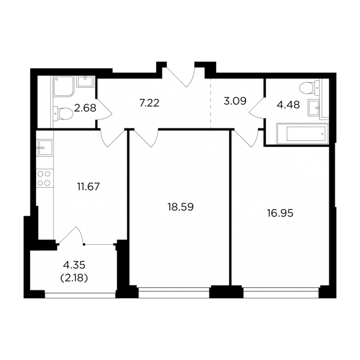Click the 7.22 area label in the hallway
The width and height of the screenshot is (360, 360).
(x=149, y=103)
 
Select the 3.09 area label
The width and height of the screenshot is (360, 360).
(x=235, y=101)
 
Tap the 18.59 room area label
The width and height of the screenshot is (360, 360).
(x=181, y=207)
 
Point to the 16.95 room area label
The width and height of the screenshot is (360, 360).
(x=280, y=214)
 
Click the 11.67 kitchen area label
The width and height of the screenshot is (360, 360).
(x=88, y=187)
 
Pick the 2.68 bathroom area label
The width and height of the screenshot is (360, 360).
(x=85, y=108)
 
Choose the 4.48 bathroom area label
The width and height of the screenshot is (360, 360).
(x=289, y=105)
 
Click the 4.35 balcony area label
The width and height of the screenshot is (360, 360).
(x=74, y=265)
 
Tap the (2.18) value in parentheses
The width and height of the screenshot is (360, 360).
(x=74, y=278)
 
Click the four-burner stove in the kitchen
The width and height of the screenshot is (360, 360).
(x=44, y=178)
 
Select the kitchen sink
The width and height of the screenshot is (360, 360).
(x=45, y=148)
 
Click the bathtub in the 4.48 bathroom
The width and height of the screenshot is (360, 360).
(x=302, y=134)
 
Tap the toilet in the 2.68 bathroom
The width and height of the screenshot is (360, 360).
(x=63, y=113)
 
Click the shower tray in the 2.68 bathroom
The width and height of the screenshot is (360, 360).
(x=64, y=86)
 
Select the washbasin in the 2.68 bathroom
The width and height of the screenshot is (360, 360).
(x=85, y=82)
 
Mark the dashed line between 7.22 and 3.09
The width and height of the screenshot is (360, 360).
(x=211, y=103)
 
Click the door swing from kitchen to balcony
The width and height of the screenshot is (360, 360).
(x=71, y=235)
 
